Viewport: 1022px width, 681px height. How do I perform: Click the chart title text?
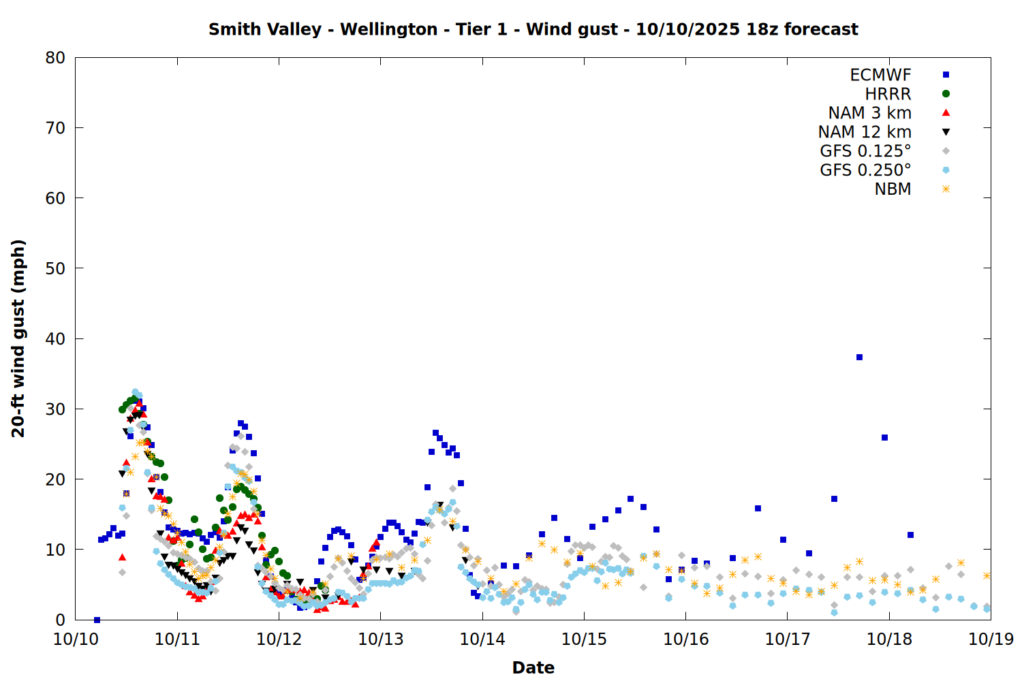tap(533, 29)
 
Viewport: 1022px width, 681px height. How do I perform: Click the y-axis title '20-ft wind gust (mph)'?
tap(18, 338)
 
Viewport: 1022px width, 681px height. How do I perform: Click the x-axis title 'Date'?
tap(533, 667)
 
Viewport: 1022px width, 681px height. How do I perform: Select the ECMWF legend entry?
tap(880, 75)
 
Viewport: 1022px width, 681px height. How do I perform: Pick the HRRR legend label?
tap(888, 94)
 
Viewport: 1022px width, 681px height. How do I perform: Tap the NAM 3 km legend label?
tap(869, 113)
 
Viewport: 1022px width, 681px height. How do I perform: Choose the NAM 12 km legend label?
tap(865, 132)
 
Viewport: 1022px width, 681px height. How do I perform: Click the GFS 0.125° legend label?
tap(865, 151)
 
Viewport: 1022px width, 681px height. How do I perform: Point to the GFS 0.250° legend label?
tap(865, 170)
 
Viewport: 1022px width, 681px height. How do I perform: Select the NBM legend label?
tap(893, 189)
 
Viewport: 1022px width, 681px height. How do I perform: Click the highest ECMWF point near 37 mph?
tap(859, 357)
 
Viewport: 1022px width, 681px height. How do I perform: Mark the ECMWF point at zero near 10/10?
tap(97, 620)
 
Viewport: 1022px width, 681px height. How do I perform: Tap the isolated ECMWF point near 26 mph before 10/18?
tap(884, 437)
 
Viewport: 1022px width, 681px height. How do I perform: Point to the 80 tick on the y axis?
tap(55, 58)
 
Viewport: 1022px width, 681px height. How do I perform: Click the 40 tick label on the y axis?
tap(55, 339)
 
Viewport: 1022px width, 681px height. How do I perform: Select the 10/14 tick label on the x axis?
tap(482, 639)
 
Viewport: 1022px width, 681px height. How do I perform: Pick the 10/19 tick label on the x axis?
tap(991, 639)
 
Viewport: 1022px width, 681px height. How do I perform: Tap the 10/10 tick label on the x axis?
tap(76, 639)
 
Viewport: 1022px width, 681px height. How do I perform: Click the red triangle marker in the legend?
tap(946, 113)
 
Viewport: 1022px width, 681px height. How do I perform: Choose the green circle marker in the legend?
tap(946, 94)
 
